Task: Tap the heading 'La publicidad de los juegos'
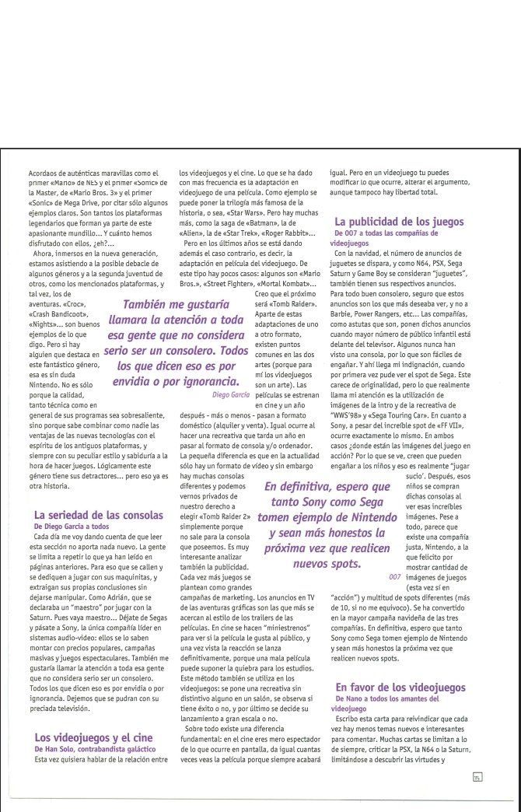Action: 399,222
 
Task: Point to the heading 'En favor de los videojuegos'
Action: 400,687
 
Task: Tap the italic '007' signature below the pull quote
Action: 394,576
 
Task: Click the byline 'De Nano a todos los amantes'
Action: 384,699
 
